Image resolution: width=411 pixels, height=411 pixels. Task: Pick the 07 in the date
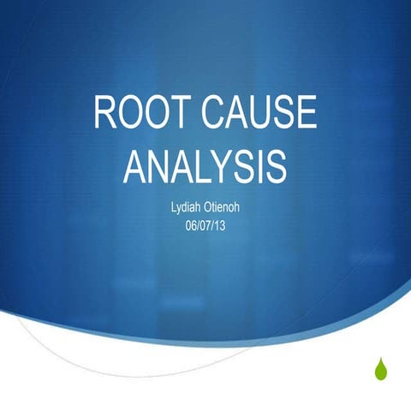(205, 225)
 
